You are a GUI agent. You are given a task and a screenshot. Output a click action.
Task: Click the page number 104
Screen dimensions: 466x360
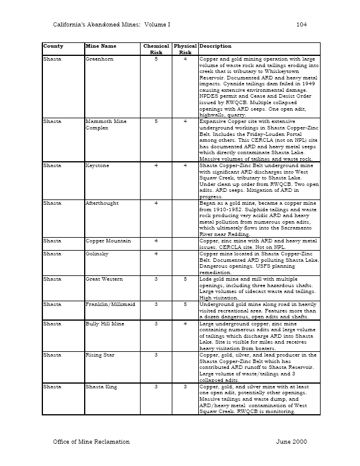(302, 24)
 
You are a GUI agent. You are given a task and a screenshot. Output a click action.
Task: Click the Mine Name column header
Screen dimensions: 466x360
(101, 46)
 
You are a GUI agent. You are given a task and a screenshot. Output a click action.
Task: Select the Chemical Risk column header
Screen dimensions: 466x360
(156, 49)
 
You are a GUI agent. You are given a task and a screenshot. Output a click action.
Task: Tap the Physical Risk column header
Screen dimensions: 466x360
(185, 49)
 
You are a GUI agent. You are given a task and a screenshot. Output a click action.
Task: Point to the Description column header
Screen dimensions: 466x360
(215, 46)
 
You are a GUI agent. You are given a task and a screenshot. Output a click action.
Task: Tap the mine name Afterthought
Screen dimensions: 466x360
(102, 203)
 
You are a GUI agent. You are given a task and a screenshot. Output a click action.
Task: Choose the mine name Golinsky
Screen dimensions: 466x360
(97, 254)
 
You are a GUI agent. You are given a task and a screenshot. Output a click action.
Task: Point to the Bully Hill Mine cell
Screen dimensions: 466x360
(104, 323)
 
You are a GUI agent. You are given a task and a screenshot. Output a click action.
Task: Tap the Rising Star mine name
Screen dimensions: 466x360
(100, 355)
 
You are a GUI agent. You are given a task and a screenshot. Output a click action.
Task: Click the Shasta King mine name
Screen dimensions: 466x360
(101, 387)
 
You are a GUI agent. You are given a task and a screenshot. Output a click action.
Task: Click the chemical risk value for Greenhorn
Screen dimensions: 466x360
(156, 59)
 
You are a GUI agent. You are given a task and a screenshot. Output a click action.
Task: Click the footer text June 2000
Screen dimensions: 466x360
(291, 441)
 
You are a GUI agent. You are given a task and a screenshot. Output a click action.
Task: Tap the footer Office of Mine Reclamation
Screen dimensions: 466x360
(91, 441)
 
